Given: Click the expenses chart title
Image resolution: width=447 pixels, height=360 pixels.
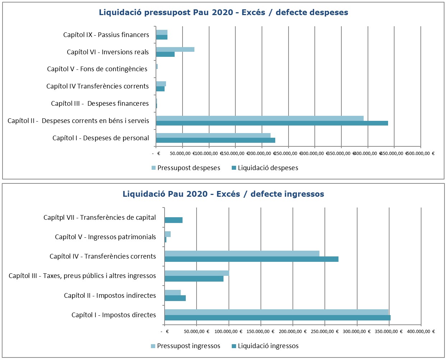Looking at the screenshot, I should pos(223,13).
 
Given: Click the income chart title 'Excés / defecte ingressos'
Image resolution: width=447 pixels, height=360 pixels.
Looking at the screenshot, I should pos(223,194).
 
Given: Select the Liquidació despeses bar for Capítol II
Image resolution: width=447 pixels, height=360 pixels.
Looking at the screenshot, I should pos(272,123).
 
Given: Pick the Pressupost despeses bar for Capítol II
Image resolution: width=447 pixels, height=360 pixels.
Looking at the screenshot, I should pos(259,118).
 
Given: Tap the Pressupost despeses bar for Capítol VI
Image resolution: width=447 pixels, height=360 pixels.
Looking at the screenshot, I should pos(175,49).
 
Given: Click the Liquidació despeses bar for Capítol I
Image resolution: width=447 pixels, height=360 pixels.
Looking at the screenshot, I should pos(216,140).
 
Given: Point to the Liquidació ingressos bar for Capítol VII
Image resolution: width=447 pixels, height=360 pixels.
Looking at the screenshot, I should pos(174,220).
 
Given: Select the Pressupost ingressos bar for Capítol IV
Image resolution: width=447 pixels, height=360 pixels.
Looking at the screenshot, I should pos(242,254).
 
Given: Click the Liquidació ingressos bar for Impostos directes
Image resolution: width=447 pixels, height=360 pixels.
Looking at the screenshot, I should pos(277,318).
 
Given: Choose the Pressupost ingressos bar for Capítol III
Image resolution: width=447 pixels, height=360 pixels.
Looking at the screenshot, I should pos(197,273).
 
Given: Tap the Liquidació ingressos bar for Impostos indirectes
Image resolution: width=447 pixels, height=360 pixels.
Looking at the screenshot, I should pos(175,298).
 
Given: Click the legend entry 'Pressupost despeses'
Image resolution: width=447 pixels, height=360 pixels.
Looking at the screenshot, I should pos(186,168).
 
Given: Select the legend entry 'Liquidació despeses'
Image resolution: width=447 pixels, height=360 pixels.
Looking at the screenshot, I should pos(265,168).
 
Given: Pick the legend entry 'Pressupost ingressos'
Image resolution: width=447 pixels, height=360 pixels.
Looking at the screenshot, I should pos(185,346).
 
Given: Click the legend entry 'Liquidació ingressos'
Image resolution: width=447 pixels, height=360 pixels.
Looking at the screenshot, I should pos(265,346).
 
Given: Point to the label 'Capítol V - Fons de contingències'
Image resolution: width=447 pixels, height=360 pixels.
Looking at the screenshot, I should pos(97,69).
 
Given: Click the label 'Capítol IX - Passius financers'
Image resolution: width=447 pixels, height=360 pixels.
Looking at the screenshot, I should pos(106,35).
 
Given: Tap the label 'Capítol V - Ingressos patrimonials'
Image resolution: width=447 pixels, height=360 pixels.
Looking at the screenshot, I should pos(105,237).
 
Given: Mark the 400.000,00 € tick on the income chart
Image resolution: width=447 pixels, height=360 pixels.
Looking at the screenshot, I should pos(420,331).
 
